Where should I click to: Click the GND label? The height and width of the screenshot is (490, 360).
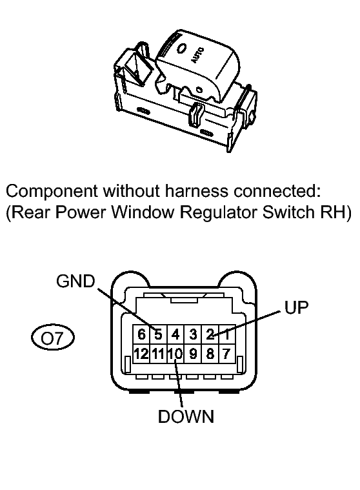[x=75, y=281]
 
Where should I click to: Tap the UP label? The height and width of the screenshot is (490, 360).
[x=296, y=307]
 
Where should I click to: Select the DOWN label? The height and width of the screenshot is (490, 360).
[x=186, y=416]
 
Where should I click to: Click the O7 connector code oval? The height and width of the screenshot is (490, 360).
[x=53, y=338]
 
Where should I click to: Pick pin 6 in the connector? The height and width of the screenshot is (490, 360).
[x=141, y=334]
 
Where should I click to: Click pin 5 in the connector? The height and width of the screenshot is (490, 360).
[x=159, y=334]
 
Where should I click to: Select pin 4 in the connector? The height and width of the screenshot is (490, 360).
[x=175, y=334]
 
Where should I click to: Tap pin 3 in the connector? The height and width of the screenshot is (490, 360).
[x=193, y=334]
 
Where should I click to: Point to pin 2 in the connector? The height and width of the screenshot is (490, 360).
[x=210, y=334]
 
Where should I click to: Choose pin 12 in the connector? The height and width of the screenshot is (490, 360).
[x=141, y=354]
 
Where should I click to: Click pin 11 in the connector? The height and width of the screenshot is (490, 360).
[x=159, y=354]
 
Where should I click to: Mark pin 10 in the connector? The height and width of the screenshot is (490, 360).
[x=175, y=354]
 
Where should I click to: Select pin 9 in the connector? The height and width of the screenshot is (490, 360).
[x=193, y=354]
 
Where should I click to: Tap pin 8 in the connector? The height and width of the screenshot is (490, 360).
[x=210, y=354]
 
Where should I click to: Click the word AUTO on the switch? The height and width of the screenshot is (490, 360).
[x=197, y=56]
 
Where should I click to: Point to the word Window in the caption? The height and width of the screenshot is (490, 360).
[x=143, y=212]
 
